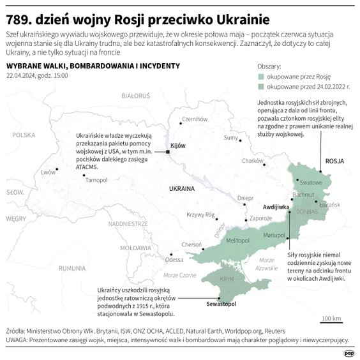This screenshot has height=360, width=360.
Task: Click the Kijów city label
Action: pyautogui.click(x=179, y=146)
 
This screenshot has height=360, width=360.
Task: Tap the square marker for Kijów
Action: pyautogui.click(x=168, y=152)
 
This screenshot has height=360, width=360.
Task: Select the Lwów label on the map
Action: pyautogui.click(x=48, y=172)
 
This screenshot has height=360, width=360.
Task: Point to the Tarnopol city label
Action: pyautogui.click(x=96, y=180)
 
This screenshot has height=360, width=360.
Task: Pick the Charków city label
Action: pyautogui.click(x=253, y=161)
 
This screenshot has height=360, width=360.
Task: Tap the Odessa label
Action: pyautogui.click(x=174, y=259)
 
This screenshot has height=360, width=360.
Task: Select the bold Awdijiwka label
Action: pyautogui.click(x=276, y=207)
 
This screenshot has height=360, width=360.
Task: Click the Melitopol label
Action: pyautogui.click(x=237, y=239)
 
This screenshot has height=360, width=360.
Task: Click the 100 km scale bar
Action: pyautogui.click(x=331, y=322)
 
